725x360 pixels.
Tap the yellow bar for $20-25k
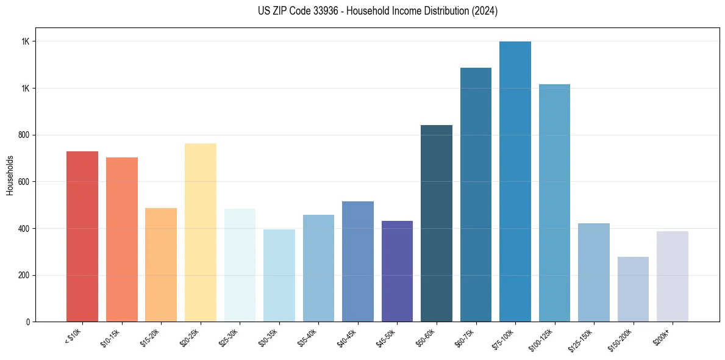tap(201, 232)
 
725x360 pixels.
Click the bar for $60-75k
tap(476, 195)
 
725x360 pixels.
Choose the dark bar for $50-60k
tap(437, 223)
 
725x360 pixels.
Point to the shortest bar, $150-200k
tap(633, 289)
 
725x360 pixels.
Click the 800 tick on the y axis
tap(25, 135)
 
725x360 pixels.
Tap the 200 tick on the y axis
tap(25, 275)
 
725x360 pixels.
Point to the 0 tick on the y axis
tap(29, 322)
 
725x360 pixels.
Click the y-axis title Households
tap(10, 175)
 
